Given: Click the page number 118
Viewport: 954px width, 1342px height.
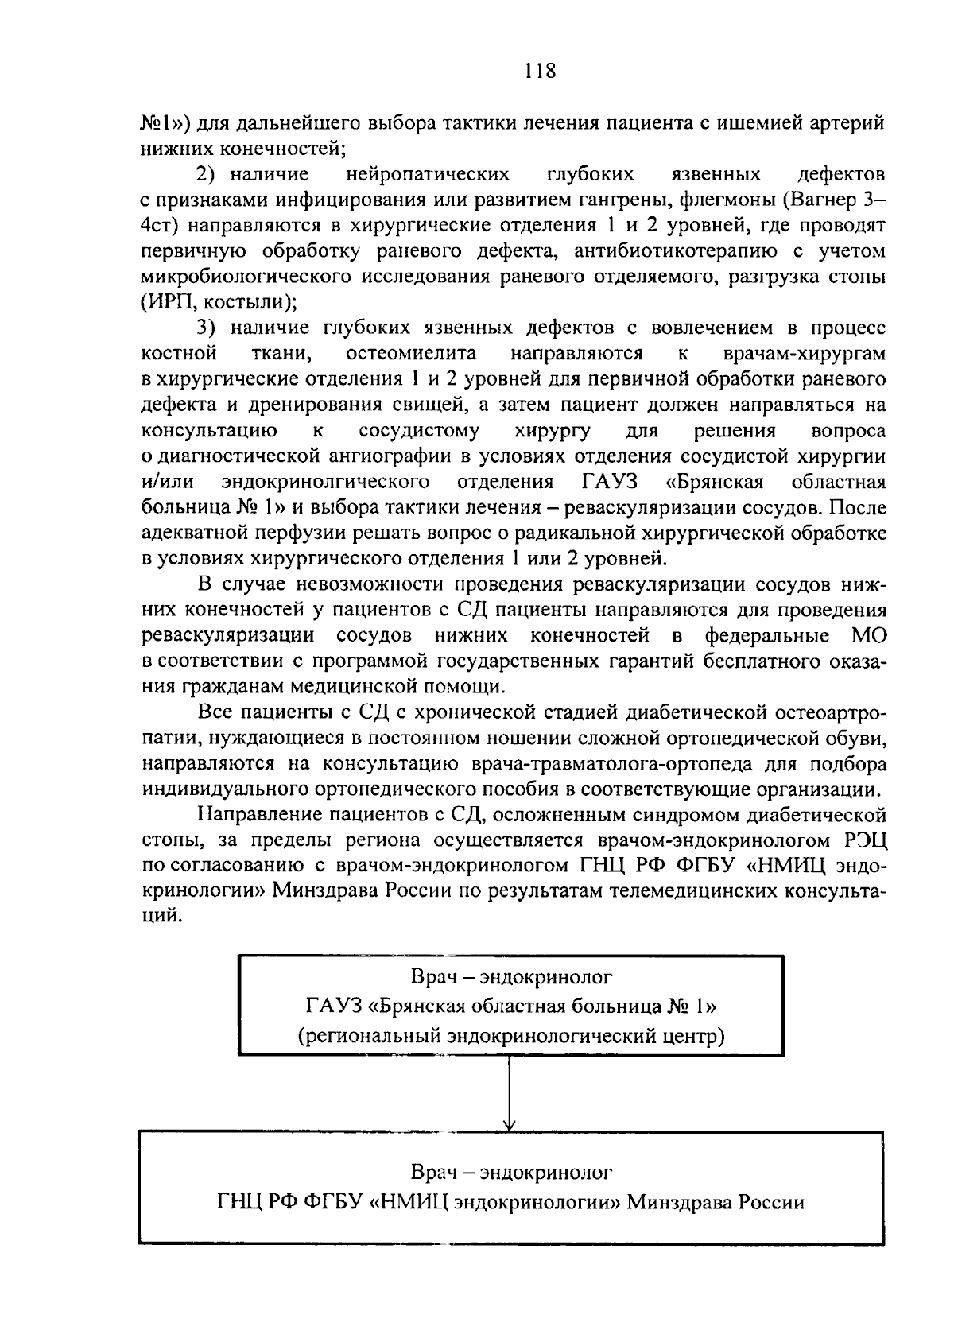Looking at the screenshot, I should coord(540,72).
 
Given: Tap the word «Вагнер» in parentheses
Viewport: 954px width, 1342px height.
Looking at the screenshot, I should coord(820,200).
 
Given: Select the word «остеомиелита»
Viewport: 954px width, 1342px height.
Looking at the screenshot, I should coord(413,353).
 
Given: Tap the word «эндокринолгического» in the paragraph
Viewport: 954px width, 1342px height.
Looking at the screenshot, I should coord(327,481).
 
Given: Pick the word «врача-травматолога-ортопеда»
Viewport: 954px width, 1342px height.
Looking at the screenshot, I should coord(612,765).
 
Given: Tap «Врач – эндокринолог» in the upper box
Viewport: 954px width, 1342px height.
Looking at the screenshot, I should coord(511,976).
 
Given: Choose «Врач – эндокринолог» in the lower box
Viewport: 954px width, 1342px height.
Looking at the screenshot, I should coord(511,1173).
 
